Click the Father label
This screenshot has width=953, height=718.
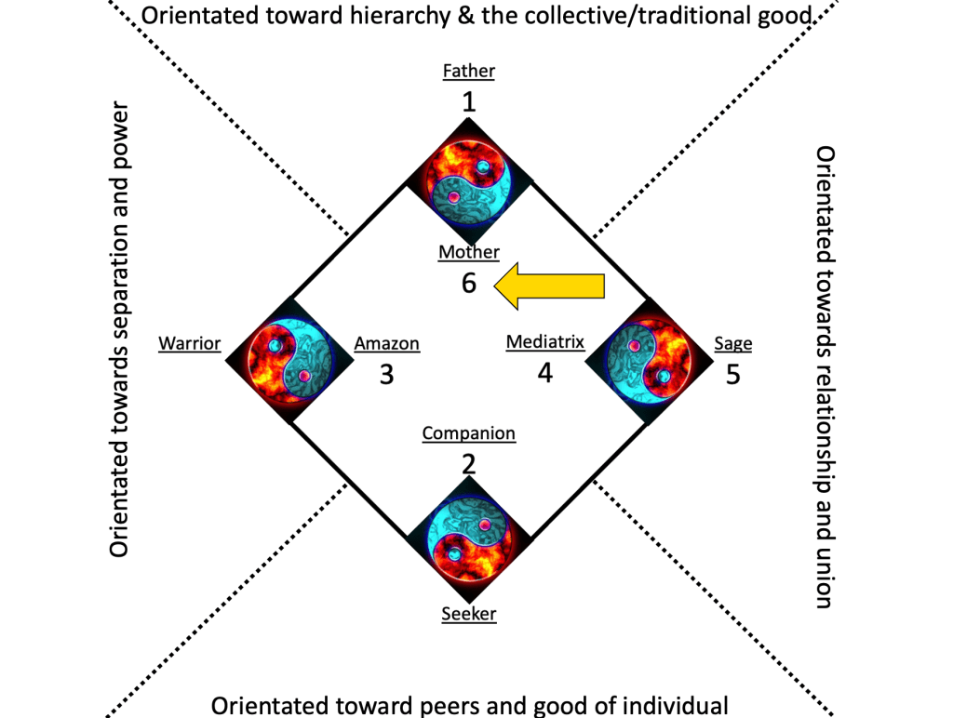click(x=468, y=71)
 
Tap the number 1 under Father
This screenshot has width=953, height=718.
click(x=468, y=100)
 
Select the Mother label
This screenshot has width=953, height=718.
click(x=469, y=252)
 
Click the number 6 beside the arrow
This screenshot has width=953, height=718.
click(x=468, y=283)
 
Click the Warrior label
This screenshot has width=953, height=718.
click(x=189, y=344)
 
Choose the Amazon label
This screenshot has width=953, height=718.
click(x=387, y=344)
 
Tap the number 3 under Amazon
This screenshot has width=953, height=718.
click(x=387, y=375)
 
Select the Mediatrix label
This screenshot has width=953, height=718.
click(x=545, y=342)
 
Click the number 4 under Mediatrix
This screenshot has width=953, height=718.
click(x=545, y=373)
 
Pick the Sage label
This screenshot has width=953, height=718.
click(x=733, y=344)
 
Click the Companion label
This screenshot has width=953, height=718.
click(x=468, y=433)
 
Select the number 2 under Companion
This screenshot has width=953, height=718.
click(x=468, y=463)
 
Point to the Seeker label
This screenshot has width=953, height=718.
click(x=468, y=614)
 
